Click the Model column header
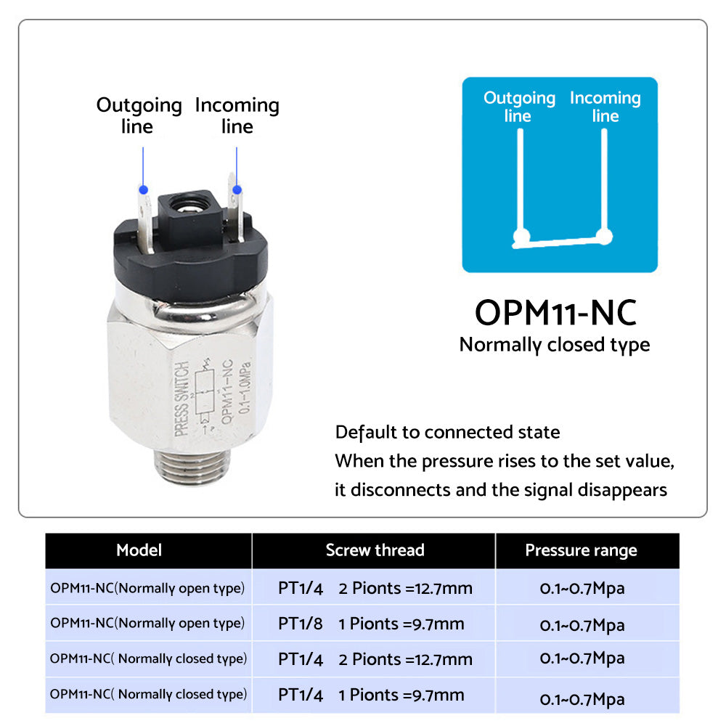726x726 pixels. [x=139, y=550]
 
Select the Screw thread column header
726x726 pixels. [x=375, y=550]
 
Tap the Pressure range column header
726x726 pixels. [x=581, y=550]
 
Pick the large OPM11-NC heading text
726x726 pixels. [x=555, y=313]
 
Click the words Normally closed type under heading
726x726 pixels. [x=555, y=345]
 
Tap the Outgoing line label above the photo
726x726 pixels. [x=139, y=115]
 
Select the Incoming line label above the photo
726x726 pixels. [x=237, y=115]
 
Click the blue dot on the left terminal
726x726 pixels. [x=143, y=189]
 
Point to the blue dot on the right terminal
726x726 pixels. [x=236, y=189]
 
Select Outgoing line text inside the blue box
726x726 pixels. [x=518, y=107]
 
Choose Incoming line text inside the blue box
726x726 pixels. [x=605, y=107]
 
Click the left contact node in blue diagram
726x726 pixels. [x=519, y=237]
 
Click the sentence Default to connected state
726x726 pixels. [x=447, y=433]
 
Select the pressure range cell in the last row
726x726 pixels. [x=582, y=698]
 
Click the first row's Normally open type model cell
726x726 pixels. [x=147, y=588]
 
